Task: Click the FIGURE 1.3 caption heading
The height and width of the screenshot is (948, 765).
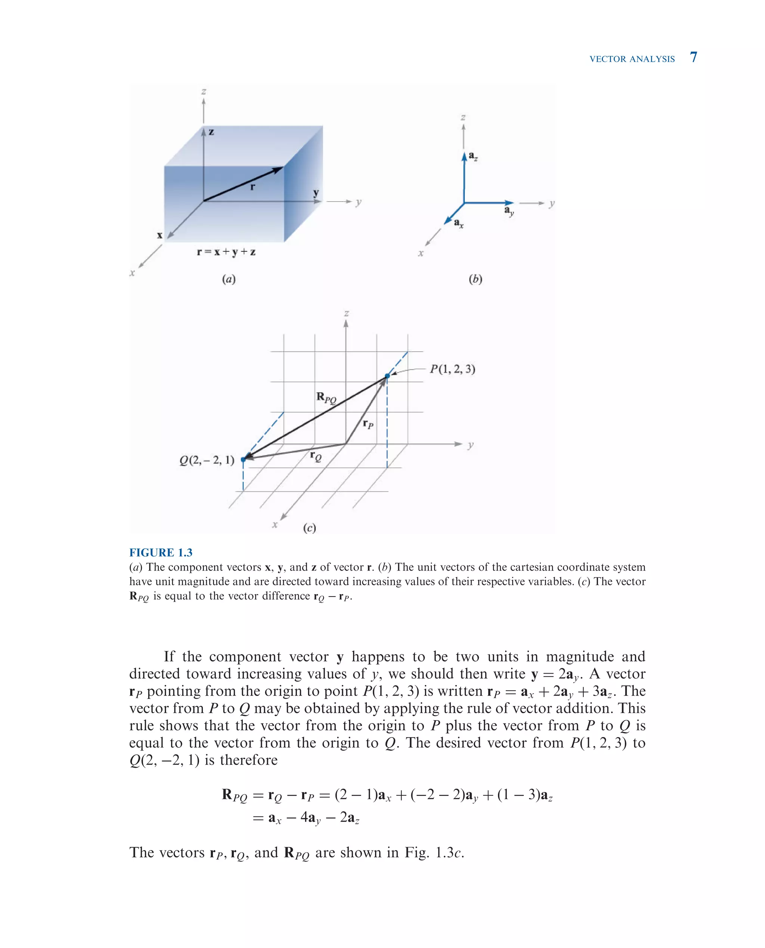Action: click(161, 552)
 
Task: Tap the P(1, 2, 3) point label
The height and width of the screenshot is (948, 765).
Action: click(453, 369)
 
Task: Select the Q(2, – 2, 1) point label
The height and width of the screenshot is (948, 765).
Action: click(207, 460)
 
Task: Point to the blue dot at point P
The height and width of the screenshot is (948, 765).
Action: click(387, 376)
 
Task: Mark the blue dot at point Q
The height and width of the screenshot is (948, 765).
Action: click(243, 459)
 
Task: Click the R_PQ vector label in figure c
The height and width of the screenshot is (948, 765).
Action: click(326, 398)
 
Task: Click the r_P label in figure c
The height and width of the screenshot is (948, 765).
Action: click(368, 424)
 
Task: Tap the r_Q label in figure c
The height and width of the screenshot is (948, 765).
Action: click(316, 456)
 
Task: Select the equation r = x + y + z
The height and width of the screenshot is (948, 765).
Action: click(226, 252)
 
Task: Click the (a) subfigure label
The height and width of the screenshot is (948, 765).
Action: click(229, 279)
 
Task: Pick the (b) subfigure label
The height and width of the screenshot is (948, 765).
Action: click(476, 279)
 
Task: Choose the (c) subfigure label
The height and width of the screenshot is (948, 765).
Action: click(309, 528)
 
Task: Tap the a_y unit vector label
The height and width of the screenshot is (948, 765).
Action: click(509, 211)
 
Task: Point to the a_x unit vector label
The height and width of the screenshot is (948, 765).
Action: click(459, 223)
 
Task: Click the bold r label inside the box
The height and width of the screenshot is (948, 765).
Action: click(253, 187)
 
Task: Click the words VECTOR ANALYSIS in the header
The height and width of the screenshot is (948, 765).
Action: click(632, 59)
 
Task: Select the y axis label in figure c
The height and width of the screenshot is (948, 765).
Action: click(470, 445)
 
